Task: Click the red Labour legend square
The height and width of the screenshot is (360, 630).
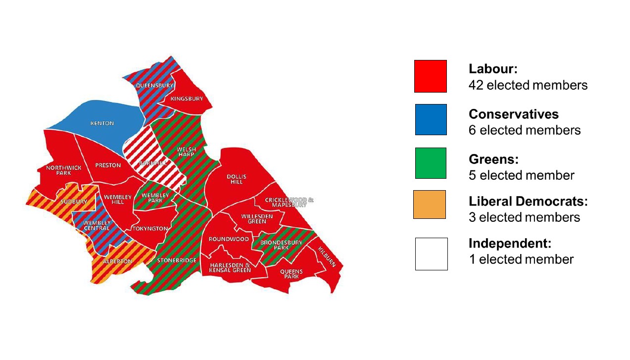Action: (430, 76)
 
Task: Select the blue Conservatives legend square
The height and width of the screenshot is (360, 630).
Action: (431, 119)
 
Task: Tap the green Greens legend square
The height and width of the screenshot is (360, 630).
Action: (431, 163)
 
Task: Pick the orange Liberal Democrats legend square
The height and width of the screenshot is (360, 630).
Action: (430, 205)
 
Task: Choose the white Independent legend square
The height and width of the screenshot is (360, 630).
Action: (431, 254)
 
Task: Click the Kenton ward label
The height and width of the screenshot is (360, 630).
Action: (102, 123)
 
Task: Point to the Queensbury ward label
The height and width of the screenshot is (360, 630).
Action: (154, 85)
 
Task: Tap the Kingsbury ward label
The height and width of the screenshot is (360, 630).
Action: (187, 99)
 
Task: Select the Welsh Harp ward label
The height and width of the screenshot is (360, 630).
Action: (187, 152)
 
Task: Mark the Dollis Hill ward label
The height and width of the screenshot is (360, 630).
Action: (237, 179)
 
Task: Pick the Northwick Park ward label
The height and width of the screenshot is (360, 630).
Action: (64, 170)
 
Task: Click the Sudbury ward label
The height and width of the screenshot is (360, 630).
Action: (74, 202)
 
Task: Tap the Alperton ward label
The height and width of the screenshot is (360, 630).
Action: (117, 261)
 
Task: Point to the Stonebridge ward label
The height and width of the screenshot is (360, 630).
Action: (177, 260)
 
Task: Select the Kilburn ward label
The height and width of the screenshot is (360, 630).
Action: (327, 257)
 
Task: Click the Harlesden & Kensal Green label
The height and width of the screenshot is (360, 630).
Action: (230, 267)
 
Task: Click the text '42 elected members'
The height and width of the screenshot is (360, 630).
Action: (528, 85)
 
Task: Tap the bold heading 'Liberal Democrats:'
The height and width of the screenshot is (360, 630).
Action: (528, 202)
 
